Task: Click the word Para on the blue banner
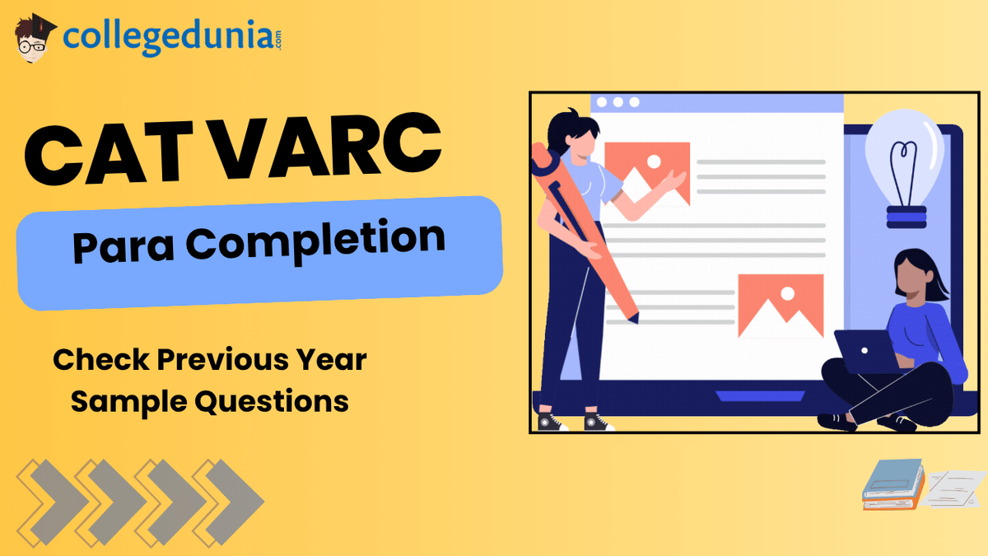[x=123, y=246]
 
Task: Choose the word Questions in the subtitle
[x=272, y=402]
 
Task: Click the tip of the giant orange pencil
[x=637, y=320]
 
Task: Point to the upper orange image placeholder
[x=647, y=173]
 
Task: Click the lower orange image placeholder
[x=781, y=306]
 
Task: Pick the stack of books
[x=893, y=484]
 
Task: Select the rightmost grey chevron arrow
[x=234, y=502]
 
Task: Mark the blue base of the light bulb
[x=906, y=217]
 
